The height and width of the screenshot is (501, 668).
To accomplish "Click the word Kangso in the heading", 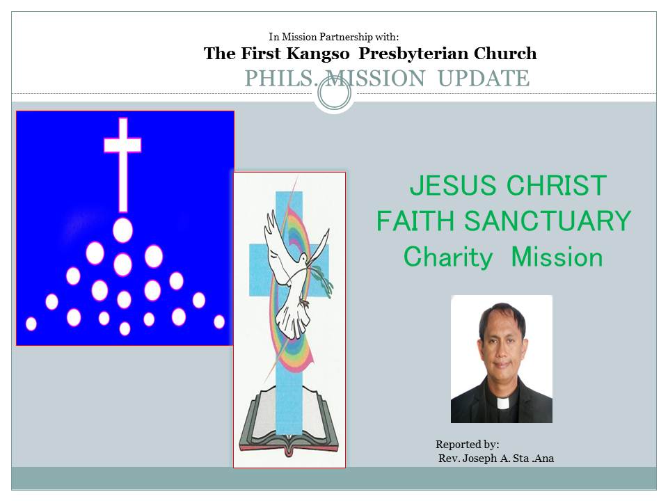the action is coord(318,54).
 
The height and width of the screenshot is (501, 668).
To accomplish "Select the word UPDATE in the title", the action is coord(484,79).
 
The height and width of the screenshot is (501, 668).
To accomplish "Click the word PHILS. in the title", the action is coord(282,79).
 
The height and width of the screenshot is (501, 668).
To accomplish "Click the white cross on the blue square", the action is coord(122,164).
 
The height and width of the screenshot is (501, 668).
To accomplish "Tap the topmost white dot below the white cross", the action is coord(122,230).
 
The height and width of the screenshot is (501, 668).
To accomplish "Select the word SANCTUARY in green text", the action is coord(548,221).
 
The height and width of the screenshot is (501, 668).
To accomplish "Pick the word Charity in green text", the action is coord(447,257).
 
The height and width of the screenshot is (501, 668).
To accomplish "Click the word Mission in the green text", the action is coord(557,257).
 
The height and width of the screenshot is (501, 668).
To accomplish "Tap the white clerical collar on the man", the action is coord(502,403).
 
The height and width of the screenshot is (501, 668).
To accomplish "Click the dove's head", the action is coord(303,258).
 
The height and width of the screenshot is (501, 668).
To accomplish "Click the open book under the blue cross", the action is coord(289,420).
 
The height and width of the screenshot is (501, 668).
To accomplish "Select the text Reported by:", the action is coord(468,445).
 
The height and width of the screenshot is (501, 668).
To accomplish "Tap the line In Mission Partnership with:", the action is coord(334,37).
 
